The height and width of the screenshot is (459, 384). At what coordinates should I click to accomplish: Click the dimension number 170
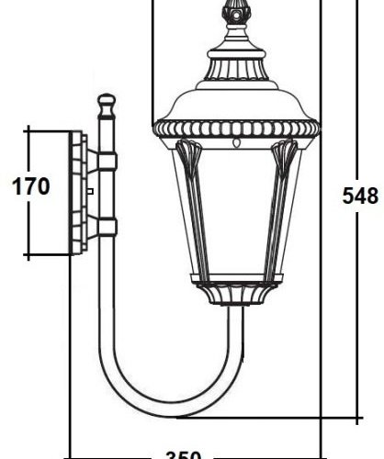[x=29, y=188]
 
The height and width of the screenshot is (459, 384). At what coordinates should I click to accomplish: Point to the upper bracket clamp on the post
[x=107, y=162]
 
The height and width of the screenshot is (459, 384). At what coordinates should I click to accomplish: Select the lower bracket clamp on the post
[x=107, y=226]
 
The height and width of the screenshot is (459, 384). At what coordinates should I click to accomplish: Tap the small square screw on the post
[x=92, y=190]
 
